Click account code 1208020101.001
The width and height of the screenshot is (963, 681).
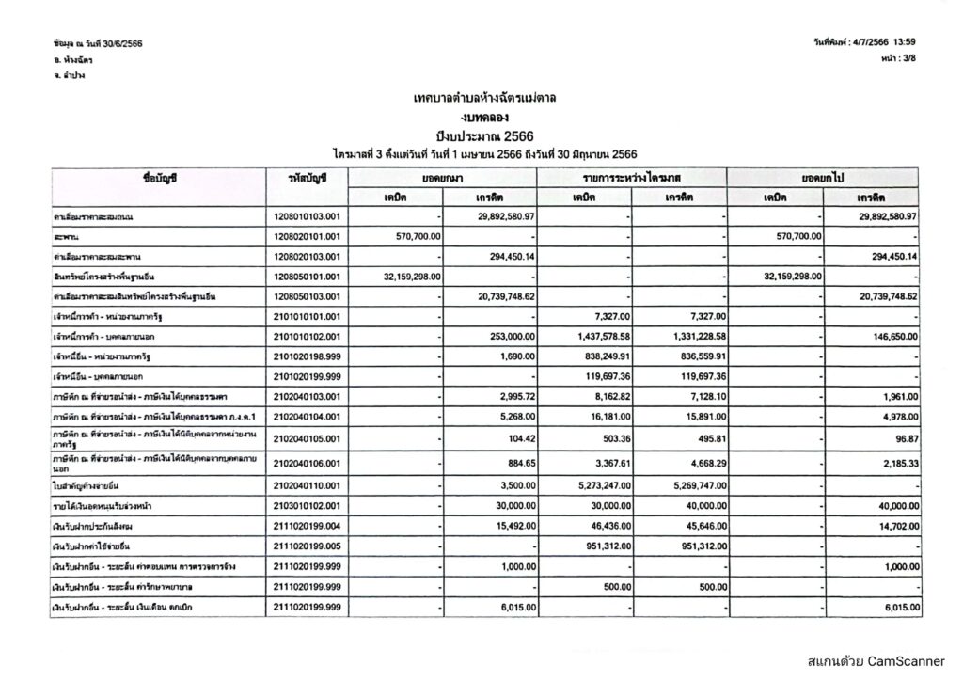pyautogui.click(x=307, y=236)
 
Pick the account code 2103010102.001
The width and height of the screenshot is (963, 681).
pyautogui.click(x=307, y=505)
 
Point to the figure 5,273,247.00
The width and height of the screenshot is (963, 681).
pyautogui.click(x=603, y=484)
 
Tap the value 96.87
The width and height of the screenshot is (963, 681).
pyautogui.click(x=907, y=438)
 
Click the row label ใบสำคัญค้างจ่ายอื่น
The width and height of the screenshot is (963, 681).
pyautogui.click(x=91, y=484)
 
